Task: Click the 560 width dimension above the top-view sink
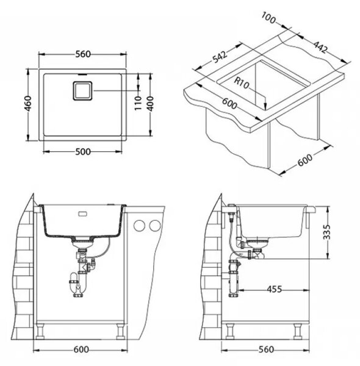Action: tap(83, 54)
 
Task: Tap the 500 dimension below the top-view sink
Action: tap(83, 152)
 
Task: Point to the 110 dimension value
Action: tap(139, 103)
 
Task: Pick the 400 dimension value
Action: tap(151, 104)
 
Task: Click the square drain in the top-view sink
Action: tap(82, 91)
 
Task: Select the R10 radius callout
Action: tap(242, 82)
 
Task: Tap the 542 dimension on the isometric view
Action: tap(219, 57)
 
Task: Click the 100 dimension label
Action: tap(268, 18)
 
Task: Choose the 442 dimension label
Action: tap(320, 47)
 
